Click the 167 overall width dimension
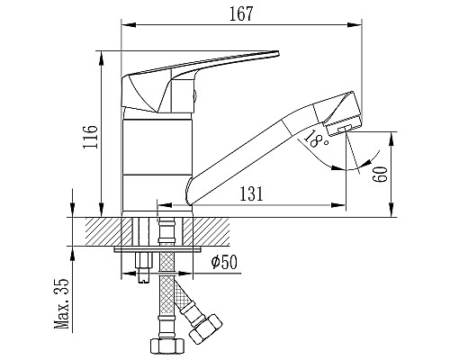(x=241, y=14)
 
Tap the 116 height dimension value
(x=90, y=137)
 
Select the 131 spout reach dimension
(x=251, y=193)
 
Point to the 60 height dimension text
(x=380, y=175)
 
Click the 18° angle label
(x=315, y=139)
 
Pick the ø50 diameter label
(x=224, y=263)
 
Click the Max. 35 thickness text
(x=61, y=304)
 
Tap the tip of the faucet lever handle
(x=278, y=53)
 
